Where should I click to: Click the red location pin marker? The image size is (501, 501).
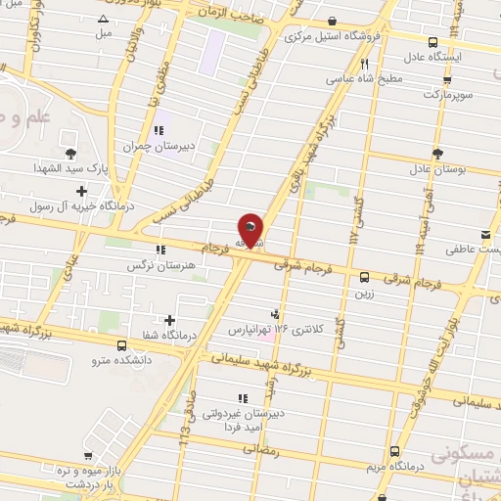250,229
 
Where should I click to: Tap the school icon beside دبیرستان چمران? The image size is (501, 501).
157,130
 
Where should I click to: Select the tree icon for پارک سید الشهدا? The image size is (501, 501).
70,152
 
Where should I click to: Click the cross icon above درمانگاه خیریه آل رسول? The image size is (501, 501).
81,190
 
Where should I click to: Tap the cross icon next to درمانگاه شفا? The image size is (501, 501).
170,319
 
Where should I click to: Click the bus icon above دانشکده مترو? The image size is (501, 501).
121,345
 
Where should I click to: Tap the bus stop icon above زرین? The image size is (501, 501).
364,276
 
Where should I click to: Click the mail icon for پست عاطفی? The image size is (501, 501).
485,233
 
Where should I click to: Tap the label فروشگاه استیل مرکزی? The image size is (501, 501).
333,38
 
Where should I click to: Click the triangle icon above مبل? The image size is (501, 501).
104,19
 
